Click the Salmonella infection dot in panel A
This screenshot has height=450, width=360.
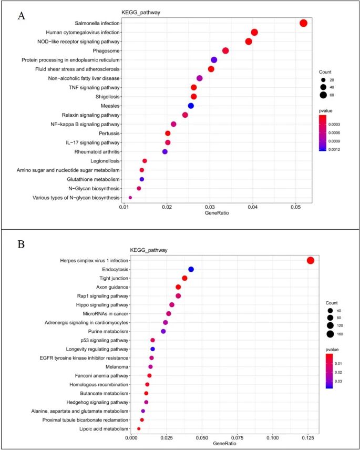point(303,23)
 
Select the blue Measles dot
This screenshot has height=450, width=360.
point(191,106)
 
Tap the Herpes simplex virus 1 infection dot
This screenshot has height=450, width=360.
point(310,261)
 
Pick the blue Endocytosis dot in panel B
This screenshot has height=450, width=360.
point(191,269)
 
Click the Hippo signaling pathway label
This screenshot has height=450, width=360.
point(99,305)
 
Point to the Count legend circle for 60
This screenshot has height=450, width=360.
point(323,95)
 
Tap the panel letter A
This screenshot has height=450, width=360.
point(22,16)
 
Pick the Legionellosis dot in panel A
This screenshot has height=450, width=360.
point(145,161)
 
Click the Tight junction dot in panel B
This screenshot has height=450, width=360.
point(184,278)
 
